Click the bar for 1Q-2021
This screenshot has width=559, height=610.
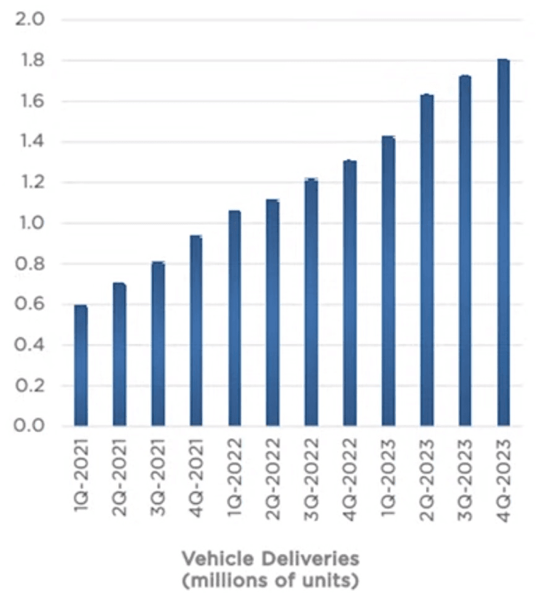81,366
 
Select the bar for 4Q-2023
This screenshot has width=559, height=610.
503,243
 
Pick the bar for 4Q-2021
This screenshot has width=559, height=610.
196,331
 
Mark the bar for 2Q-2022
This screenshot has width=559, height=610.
273,313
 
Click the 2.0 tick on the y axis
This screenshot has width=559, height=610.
30,19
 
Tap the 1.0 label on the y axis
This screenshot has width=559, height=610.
30,222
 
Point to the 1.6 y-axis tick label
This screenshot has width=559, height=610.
30,100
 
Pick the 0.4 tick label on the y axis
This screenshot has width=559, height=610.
30,345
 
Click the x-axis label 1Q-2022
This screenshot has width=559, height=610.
234,478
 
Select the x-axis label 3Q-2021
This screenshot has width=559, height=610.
157,478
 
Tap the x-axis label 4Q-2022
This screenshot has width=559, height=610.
350,478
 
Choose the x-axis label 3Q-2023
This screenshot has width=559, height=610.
465,478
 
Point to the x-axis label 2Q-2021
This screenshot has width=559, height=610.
119,478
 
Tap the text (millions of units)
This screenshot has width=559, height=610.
270,582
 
